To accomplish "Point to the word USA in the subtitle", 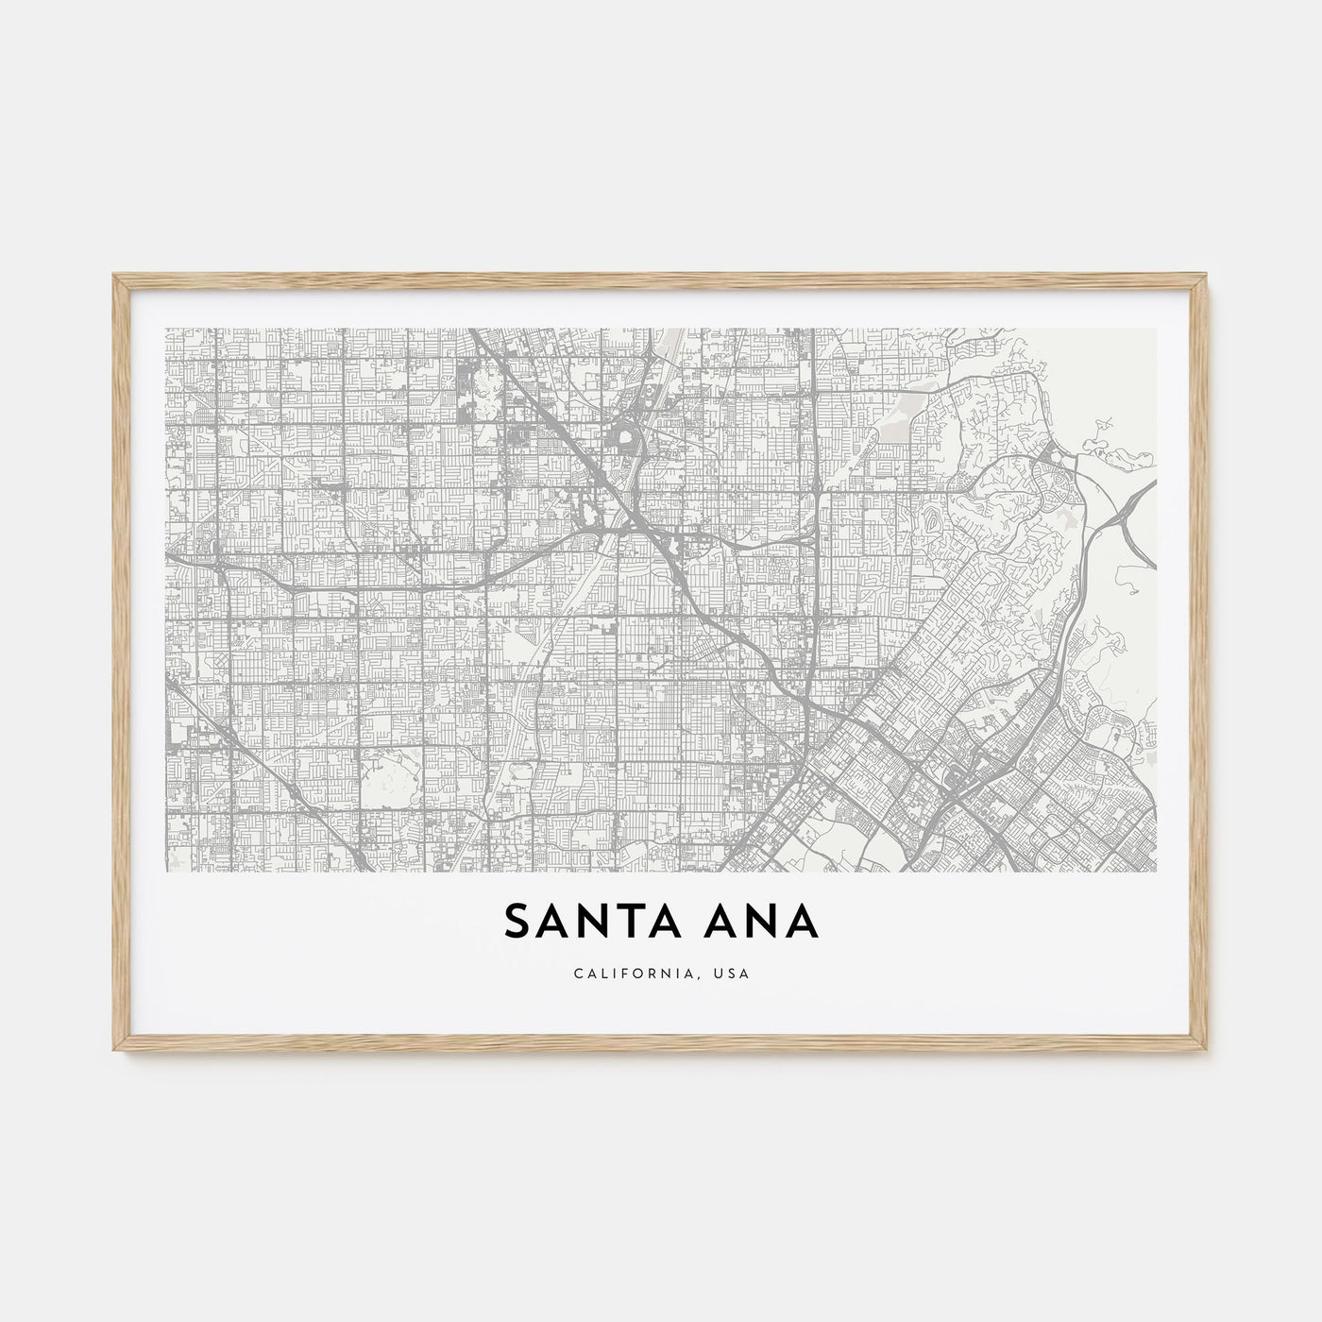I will tap(734, 974).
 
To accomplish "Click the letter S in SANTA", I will tap(517, 922).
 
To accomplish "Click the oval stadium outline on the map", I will tap(623, 438).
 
